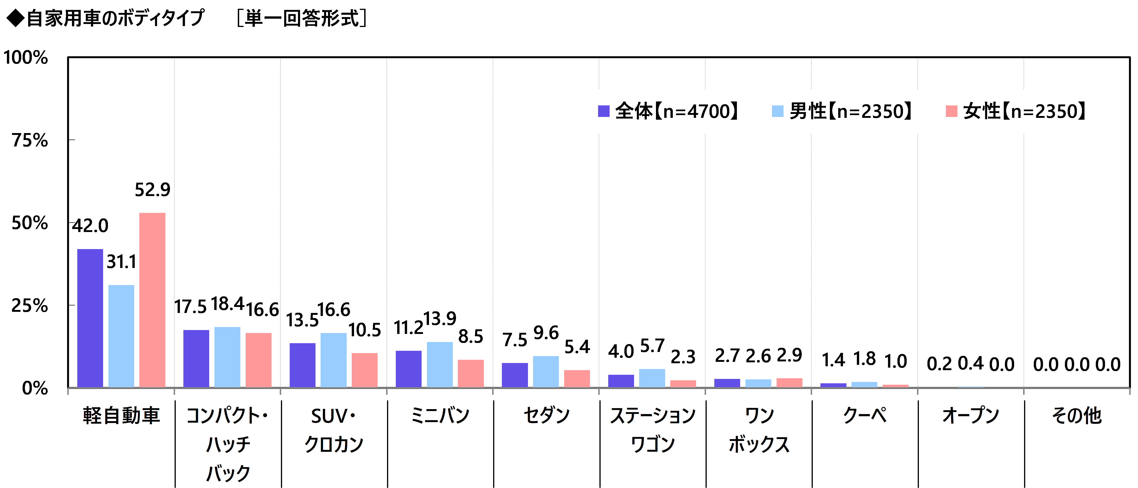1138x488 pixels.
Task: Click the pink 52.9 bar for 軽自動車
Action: click(x=152, y=300)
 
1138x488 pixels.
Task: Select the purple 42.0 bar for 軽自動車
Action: click(x=90, y=318)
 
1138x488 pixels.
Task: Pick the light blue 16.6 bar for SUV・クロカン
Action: click(x=334, y=360)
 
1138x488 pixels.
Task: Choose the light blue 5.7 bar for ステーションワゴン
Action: click(x=652, y=378)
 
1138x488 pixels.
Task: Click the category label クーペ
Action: click(x=864, y=415)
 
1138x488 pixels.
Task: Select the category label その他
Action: click(x=1077, y=415)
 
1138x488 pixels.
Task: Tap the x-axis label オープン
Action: click(x=971, y=415)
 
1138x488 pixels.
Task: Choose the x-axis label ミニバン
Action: click(x=440, y=415)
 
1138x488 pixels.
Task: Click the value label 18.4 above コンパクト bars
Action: click(x=227, y=304)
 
